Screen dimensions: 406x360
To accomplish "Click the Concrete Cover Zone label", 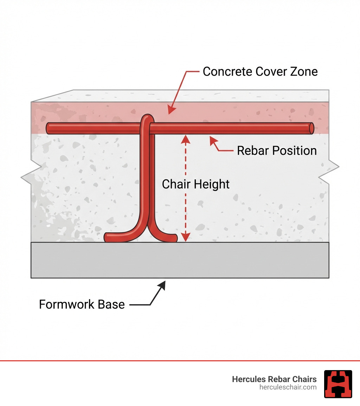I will pyautogui.click(x=260, y=72).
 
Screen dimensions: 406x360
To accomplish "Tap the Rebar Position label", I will pyautogui.click(x=277, y=151).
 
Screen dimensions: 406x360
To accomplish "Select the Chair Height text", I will pyautogui.click(x=195, y=184).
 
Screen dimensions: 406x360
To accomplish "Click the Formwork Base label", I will pyautogui.click(x=82, y=304).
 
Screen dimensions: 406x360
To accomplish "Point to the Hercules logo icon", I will pyautogui.click(x=338, y=384).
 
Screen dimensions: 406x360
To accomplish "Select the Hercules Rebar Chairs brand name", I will pyautogui.click(x=274, y=379).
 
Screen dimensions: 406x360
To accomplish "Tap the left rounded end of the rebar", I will pyautogui.click(x=49, y=128).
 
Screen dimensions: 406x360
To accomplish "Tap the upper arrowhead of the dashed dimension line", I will pyautogui.click(x=186, y=139).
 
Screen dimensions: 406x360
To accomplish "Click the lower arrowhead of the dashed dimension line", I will pyautogui.click(x=186, y=237).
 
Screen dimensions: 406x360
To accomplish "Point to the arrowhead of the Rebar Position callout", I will pyautogui.click(x=212, y=140).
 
